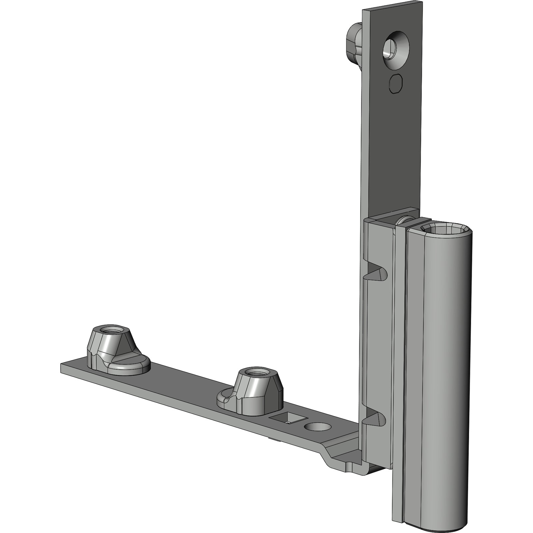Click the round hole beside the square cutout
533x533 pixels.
317,427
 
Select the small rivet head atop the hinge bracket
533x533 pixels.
404,220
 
